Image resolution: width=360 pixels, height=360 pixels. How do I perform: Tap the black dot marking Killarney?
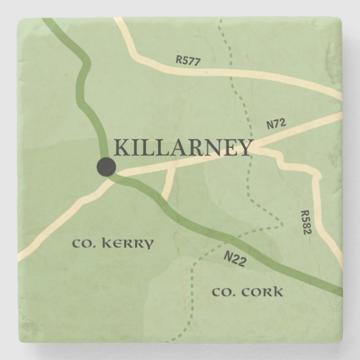(106, 166)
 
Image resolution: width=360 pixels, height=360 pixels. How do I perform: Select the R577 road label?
(188, 60)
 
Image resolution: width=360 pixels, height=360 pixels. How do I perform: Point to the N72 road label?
(274, 124)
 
